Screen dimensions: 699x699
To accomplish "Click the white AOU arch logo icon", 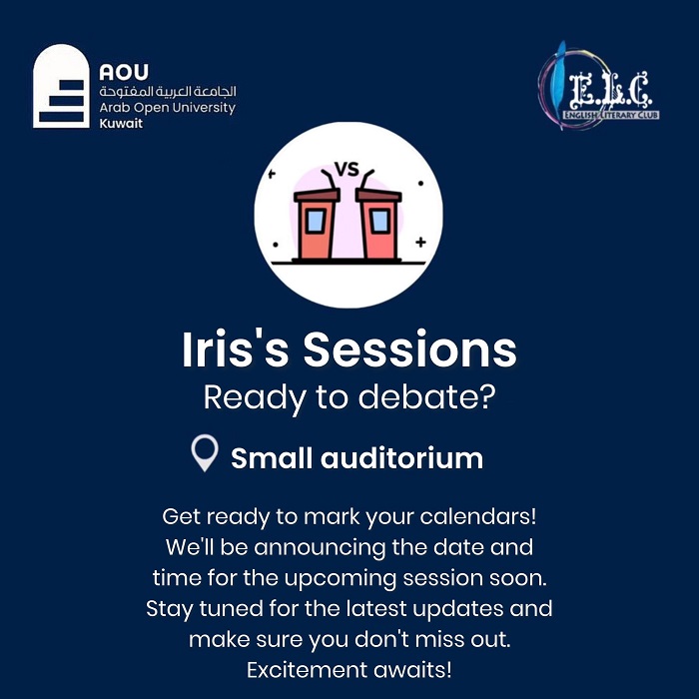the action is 61,86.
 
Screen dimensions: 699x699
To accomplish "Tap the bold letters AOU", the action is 124,72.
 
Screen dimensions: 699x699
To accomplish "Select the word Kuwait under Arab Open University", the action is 121,123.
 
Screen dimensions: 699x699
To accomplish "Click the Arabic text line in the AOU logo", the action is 168,92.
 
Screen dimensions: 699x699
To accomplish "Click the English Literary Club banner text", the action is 611,115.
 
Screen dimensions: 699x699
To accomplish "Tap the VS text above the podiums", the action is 347,170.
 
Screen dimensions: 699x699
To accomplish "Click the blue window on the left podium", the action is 316,221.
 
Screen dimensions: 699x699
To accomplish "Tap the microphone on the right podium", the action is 366,179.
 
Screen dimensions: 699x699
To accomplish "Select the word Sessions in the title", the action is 410,349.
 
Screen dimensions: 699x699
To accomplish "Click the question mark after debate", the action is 487,396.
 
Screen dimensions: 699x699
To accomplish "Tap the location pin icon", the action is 205,452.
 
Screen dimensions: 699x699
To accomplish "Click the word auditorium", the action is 401,458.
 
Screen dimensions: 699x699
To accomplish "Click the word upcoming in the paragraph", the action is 340,579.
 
